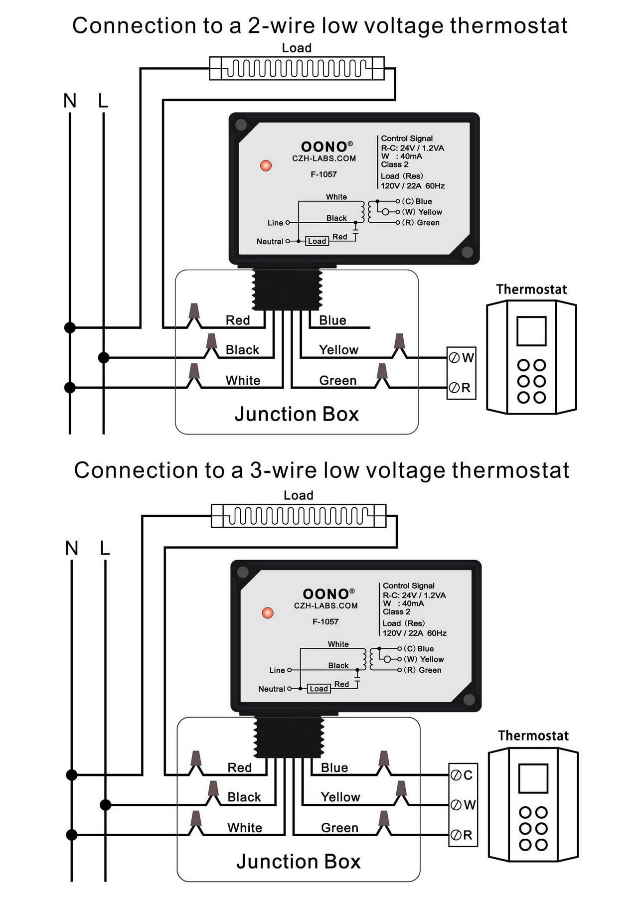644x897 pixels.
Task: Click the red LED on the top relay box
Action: pos(266,165)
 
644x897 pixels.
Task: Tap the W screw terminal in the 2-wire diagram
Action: pos(454,358)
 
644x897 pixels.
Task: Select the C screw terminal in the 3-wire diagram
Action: pos(456,775)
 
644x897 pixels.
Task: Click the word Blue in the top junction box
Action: pos(332,320)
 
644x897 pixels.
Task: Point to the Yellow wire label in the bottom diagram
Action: pos(340,797)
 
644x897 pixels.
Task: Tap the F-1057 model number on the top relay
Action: pos(323,174)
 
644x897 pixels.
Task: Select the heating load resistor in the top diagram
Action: pos(297,68)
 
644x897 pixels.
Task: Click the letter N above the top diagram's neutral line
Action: pos(70,101)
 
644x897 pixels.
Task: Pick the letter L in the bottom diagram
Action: pos(105,548)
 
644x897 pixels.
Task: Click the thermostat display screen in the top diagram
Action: pos(531,331)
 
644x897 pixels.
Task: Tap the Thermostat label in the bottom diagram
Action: pos(533,736)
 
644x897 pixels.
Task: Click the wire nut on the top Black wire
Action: pos(212,343)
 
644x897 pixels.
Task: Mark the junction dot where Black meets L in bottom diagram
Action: pos(105,805)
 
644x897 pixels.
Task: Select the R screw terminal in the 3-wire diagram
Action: pos(456,835)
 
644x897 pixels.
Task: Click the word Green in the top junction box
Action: pos(337,381)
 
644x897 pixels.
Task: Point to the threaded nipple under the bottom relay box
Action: pos(289,737)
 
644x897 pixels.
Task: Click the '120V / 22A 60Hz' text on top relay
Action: pos(412,186)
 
